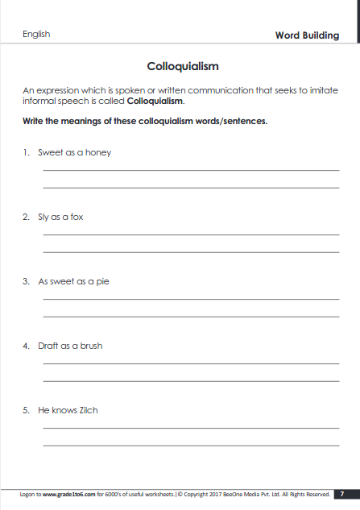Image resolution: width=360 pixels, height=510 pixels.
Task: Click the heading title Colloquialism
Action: click(x=183, y=66)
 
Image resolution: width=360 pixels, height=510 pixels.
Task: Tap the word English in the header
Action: click(x=36, y=34)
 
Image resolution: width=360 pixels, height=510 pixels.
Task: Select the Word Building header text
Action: click(x=307, y=35)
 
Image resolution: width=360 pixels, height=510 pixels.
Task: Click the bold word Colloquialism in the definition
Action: click(x=155, y=102)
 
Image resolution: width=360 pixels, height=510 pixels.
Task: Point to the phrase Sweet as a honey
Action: click(x=74, y=152)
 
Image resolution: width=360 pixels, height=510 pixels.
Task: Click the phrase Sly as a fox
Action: click(x=60, y=217)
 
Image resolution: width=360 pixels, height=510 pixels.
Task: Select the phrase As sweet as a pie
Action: click(x=73, y=281)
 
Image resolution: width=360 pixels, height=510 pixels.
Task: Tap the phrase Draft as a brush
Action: click(x=70, y=346)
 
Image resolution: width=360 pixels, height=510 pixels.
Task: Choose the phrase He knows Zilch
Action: click(x=68, y=410)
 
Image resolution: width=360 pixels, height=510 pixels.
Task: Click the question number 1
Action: click(x=26, y=152)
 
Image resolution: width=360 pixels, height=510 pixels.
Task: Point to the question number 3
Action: click(x=26, y=281)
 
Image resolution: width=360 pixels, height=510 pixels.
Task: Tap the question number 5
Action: click(x=26, y=410)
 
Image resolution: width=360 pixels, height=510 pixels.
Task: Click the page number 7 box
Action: click(x=343, y=494)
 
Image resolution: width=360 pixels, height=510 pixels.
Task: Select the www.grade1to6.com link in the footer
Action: click(x=68, y=494)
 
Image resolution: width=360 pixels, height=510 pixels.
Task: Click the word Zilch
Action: click(x=88, y=410)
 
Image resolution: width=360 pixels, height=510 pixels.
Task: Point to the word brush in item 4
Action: click(x=91, y=346)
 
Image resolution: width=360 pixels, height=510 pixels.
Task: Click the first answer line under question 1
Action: click(x=190, y=170)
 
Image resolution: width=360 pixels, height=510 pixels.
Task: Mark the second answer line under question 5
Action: click(x=190, y=446)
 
